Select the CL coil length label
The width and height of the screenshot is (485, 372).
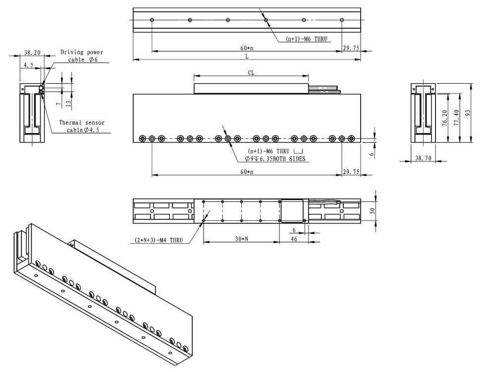251,72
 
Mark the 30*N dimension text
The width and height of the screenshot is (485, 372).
241,239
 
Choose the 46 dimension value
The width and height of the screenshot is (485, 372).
294,239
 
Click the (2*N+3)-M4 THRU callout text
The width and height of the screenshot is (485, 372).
159,240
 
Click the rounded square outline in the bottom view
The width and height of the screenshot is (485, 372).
294,212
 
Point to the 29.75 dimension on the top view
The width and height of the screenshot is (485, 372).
351,48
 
